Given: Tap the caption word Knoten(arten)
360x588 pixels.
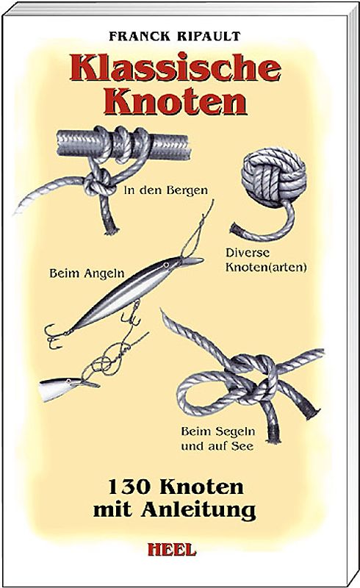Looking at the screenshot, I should pos(267,268).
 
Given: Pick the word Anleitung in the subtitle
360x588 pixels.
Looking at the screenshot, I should pos(204,507).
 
